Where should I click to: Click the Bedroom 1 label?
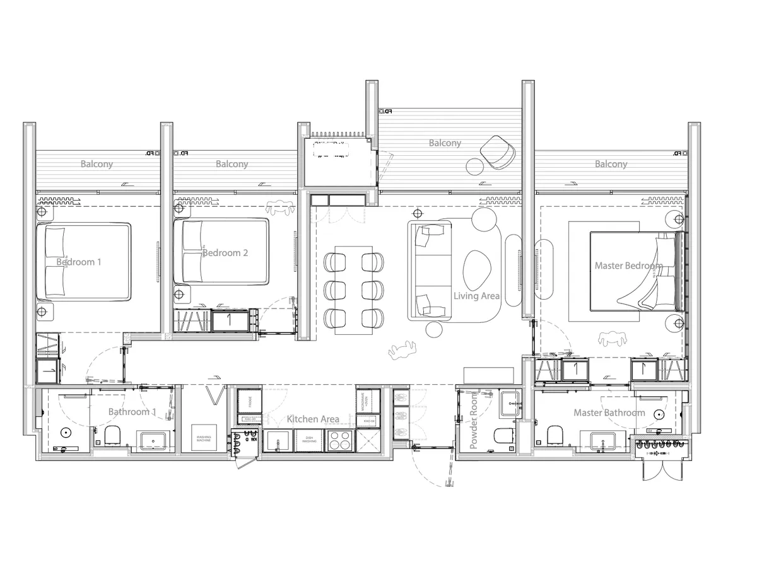[x=79, y=262]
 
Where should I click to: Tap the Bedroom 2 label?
[x=225, y=253]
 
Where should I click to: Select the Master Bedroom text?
[x=628, y=266]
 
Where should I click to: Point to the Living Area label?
[x=477, y=296]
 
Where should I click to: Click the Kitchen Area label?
[x=313, y=419]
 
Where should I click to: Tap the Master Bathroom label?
[x=609, y=412]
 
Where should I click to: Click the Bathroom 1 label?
[x=132, y=412]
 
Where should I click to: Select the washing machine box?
[x=204, y=437]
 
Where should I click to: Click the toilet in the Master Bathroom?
[x=555, y=435]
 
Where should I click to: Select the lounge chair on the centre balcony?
[x=498, y=153]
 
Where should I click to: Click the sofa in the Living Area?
[x=431, y=270]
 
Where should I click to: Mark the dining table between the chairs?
[x=354, y=289]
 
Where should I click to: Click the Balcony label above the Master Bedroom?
[x=611, y=164]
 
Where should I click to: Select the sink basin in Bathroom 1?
[x=151, y=440]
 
